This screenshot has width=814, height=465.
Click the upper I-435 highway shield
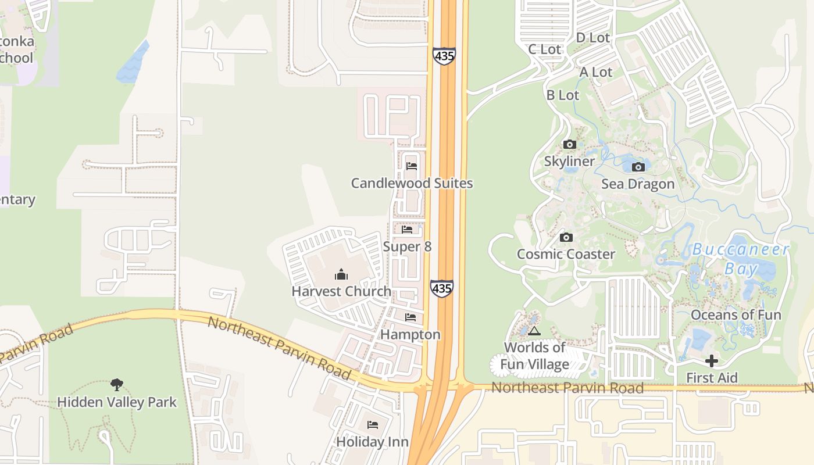pyautogui.click(x=444, y=56)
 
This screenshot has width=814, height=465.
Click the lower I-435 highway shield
pyautogui.click(x=442, y=288)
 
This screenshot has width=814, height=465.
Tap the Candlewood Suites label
pyautogui.click(x=412, y=184)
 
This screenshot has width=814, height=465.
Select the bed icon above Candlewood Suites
pyautogui.click(x=412, y=166)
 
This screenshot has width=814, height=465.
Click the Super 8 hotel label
pyautogui.click(x=407, y=247)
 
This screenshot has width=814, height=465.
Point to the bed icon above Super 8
pyautogui.click(x=407, y=230)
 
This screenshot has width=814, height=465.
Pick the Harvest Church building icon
pyautogui.click(x=341, y=274)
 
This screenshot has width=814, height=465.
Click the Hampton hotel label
pyautogui.click(x=410, y=335)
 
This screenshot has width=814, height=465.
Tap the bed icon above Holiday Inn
pyautogui.click(x=373, y=425)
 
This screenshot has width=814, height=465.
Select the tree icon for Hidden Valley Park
pyautogui.click(x=117, y=384)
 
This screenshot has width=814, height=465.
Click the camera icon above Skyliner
pyautogui.click(x=569, y=145)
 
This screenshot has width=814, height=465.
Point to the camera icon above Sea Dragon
pyautogui.click(x=638, y=167)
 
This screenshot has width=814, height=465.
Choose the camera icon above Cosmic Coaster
pyautogui.click(x=566, y=237)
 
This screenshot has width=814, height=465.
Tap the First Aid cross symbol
pyautogui.click(x=712, y=361)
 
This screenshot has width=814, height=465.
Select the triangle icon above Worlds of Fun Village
pyautogui.click(x=534, y=331)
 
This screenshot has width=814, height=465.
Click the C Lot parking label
pyautogui.click(x=545, y=49)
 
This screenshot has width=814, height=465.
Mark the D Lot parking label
pyautogui.click(x=592, y=38)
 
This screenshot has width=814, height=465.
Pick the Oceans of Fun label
pyautogui.click(x=736, y=315)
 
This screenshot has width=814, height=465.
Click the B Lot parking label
pyautogui.click(x=563, y=95)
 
